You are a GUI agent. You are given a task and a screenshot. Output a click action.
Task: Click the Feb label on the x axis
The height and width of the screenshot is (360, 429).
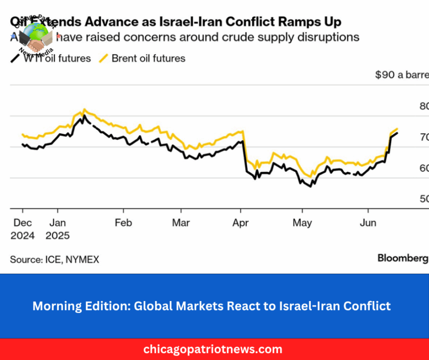pyautogui.click(x=123, y=223)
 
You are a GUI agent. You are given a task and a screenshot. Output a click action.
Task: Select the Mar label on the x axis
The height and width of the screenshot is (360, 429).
pyautogui.click(x=181, y=223)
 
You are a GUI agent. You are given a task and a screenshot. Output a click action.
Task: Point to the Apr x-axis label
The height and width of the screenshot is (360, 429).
pyautogui.click(x=241, y=223)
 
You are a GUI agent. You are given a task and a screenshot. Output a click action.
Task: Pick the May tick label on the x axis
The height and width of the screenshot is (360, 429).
pyautogui.click(x=302, y=223)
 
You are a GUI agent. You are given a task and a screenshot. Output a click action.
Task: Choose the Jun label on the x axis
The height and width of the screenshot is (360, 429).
pyautogui.click(x=368, y=223)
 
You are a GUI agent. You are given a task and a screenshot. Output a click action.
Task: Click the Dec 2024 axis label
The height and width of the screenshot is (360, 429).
pyautogui.click(x=22, y=229)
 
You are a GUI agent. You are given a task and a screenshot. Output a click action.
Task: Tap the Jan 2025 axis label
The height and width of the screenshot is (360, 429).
pyautogui.click(x=57, y=229)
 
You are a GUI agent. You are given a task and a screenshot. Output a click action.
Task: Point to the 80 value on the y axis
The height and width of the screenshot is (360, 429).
pyautogui.click(x=424, y=106)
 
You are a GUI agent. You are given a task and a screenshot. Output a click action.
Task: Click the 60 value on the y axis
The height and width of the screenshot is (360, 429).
pyautogui.click(x=424, y=168)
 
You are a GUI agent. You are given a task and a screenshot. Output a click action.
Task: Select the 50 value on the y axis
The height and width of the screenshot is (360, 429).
pyautogui.click(x=424, y=199)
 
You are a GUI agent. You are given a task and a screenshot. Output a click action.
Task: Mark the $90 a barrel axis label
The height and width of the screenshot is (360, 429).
pyautogui.click(x=402, y=75)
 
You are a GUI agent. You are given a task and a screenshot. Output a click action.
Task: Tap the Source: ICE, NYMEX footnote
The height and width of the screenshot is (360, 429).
pyautogui.click(x=54, y=259)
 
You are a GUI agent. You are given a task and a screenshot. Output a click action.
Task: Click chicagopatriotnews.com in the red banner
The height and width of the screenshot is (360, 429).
pyautogui.click(x=213, y=349)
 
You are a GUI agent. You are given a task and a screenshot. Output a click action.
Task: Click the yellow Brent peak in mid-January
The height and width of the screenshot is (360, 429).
pyautogui.click(x=84, y=109)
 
